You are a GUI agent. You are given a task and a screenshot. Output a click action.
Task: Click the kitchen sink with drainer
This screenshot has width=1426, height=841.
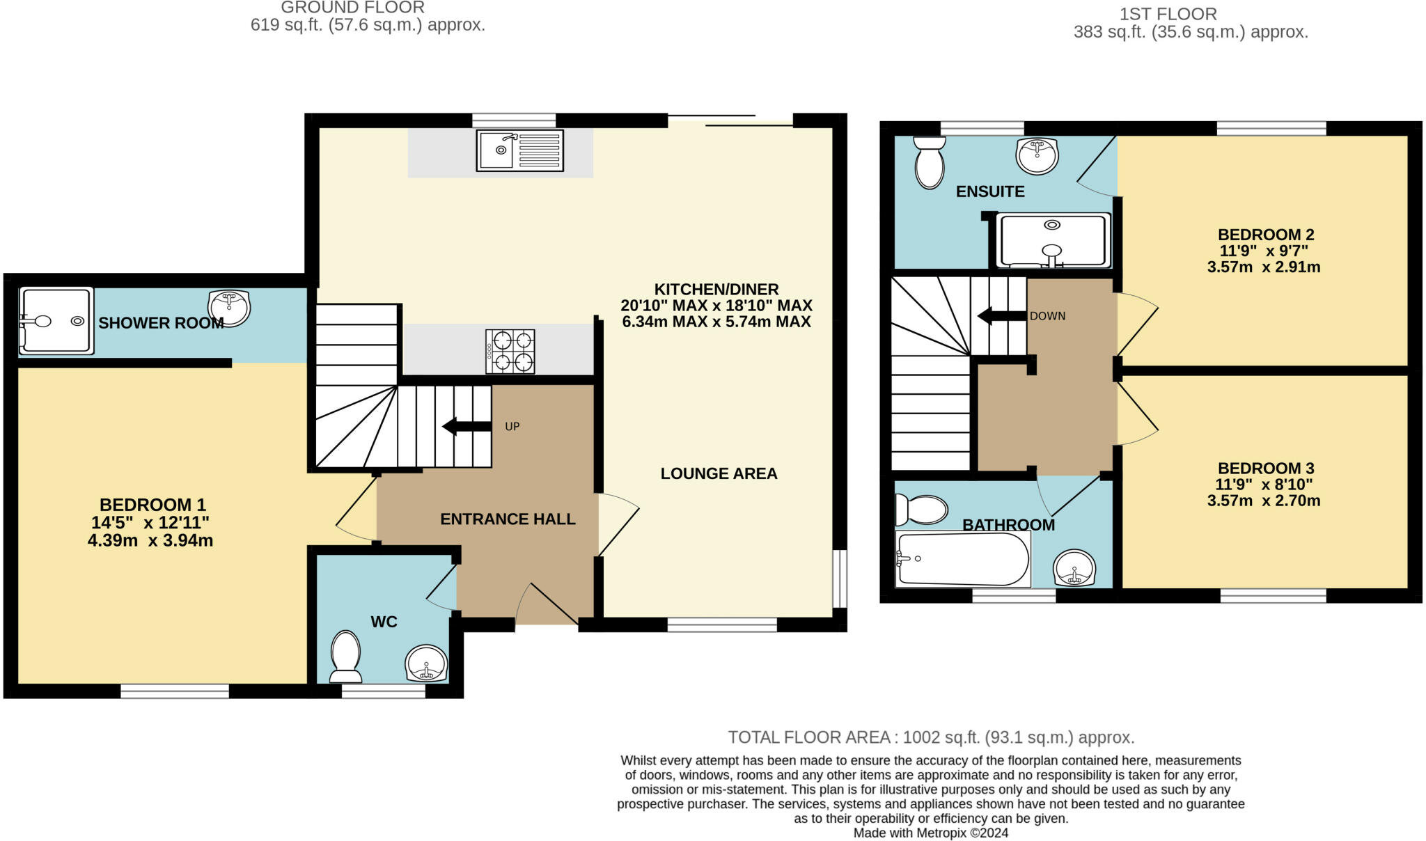[x=519, y=150]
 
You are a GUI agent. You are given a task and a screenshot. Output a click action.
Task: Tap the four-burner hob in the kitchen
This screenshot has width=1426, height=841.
[x=510, y=352]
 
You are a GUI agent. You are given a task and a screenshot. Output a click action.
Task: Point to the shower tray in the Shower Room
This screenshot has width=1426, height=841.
[x=56, y=321]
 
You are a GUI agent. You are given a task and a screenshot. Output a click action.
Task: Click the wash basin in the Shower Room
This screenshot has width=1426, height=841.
[x=228, y=308]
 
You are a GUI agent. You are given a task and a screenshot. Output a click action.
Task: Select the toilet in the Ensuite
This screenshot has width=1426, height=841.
[x=930, y=162]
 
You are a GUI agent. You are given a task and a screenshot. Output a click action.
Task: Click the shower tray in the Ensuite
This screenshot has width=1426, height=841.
[x=1052, y=240]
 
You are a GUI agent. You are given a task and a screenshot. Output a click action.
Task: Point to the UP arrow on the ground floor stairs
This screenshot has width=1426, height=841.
[x=467, y=426]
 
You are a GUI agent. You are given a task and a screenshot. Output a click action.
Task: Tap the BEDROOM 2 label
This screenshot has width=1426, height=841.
[x=1265, y=235]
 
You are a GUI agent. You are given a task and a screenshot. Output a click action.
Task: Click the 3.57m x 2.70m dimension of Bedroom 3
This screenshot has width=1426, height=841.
[x=1263, y=501]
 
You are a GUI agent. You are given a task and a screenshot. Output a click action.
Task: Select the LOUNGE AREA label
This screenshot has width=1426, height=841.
[x=719, y=473]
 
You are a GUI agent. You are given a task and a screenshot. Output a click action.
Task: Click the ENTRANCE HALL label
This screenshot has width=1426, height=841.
[x=508, y=519]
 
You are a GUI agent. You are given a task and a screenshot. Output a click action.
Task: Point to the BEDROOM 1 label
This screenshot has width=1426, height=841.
[x=152, y=505]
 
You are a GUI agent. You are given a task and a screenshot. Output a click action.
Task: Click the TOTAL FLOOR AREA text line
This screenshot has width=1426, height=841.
[x=931, y=737]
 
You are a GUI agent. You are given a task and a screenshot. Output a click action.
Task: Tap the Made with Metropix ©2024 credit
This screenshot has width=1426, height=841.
[x=930, y=833]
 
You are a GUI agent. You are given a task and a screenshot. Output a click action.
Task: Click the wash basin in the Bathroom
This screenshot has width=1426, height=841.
[x=1074, y=568]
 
